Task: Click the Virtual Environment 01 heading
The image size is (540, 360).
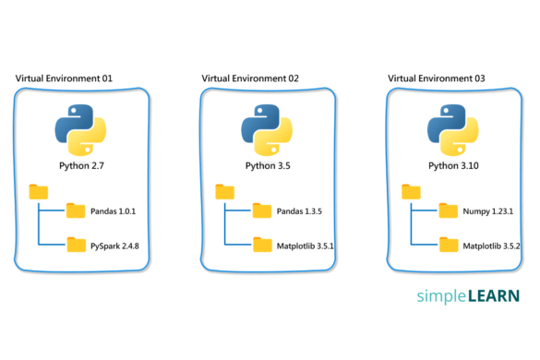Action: [x=64, y=78]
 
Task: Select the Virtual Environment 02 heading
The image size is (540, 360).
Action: [x=250, y=78]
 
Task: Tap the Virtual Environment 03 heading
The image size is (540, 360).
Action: [x=437, y=78]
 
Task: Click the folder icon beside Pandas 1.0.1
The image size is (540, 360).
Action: [x=75, y=210]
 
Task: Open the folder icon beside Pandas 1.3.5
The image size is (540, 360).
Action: [x=261, y=210]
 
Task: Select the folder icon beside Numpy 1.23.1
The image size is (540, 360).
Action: [x=448, y=210]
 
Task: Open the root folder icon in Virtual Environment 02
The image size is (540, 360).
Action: [x=224, y=191]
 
